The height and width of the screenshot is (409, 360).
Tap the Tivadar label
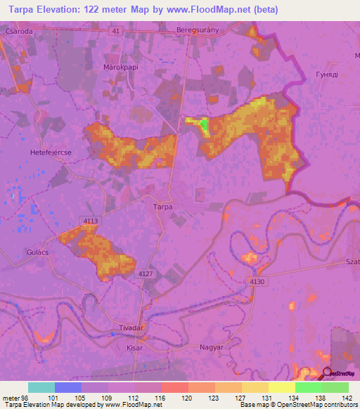(132, 327)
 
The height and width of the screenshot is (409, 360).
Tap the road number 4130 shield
(257, 281)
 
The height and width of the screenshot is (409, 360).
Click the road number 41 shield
(116, 31)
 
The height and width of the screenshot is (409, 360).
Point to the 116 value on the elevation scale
(161, 398)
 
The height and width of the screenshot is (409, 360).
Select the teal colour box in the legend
(41, 387)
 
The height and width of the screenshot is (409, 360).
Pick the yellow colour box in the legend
(281, 387)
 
